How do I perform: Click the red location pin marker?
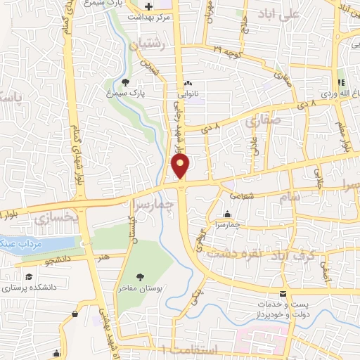tap(181, 167)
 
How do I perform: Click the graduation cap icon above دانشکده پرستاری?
tap(28, 276)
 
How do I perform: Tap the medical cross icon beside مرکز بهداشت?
tap(148, 7)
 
